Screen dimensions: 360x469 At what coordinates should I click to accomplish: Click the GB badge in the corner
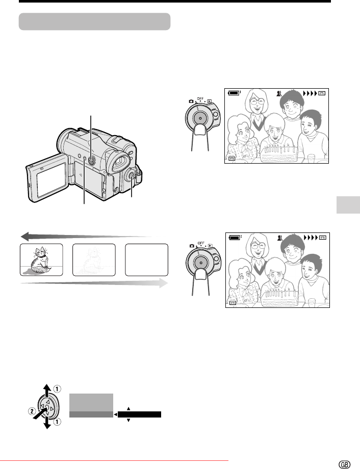(344, 464)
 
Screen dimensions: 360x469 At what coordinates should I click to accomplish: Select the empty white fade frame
(147, 259)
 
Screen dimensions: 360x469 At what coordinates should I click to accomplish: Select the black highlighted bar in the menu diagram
(139, 414)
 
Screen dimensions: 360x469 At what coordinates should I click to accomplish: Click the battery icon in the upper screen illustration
(234, 93)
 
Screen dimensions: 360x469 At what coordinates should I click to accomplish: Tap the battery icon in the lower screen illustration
(235, 238)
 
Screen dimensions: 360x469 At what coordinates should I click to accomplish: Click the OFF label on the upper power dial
(200, 99)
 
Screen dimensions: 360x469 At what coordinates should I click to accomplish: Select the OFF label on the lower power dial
(201, 243)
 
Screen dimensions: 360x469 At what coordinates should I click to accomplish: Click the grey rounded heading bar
(94, 21)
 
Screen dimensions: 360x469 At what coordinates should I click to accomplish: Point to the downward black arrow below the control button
(47, 423)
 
